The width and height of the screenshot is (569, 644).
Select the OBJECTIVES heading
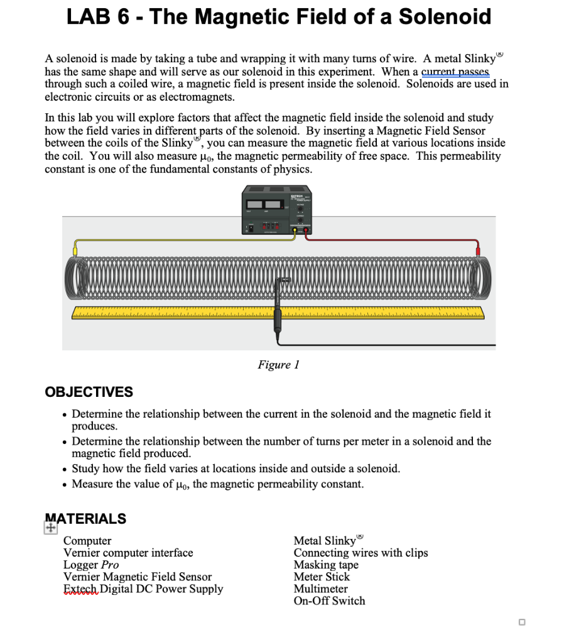pos(89,392)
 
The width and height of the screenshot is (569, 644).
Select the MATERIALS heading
pos(86,519)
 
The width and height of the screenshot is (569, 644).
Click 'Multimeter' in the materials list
pos(320,589)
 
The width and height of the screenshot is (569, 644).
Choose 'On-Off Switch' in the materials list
pos(329,601)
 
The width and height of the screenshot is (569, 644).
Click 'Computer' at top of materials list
pos(87,541)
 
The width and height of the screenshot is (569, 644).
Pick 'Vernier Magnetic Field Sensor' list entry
pos(137,577)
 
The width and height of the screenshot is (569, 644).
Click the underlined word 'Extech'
pos(80,589)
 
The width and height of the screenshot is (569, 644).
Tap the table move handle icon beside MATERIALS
pos(50,530)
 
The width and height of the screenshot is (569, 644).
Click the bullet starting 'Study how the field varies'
pos(236,469)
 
